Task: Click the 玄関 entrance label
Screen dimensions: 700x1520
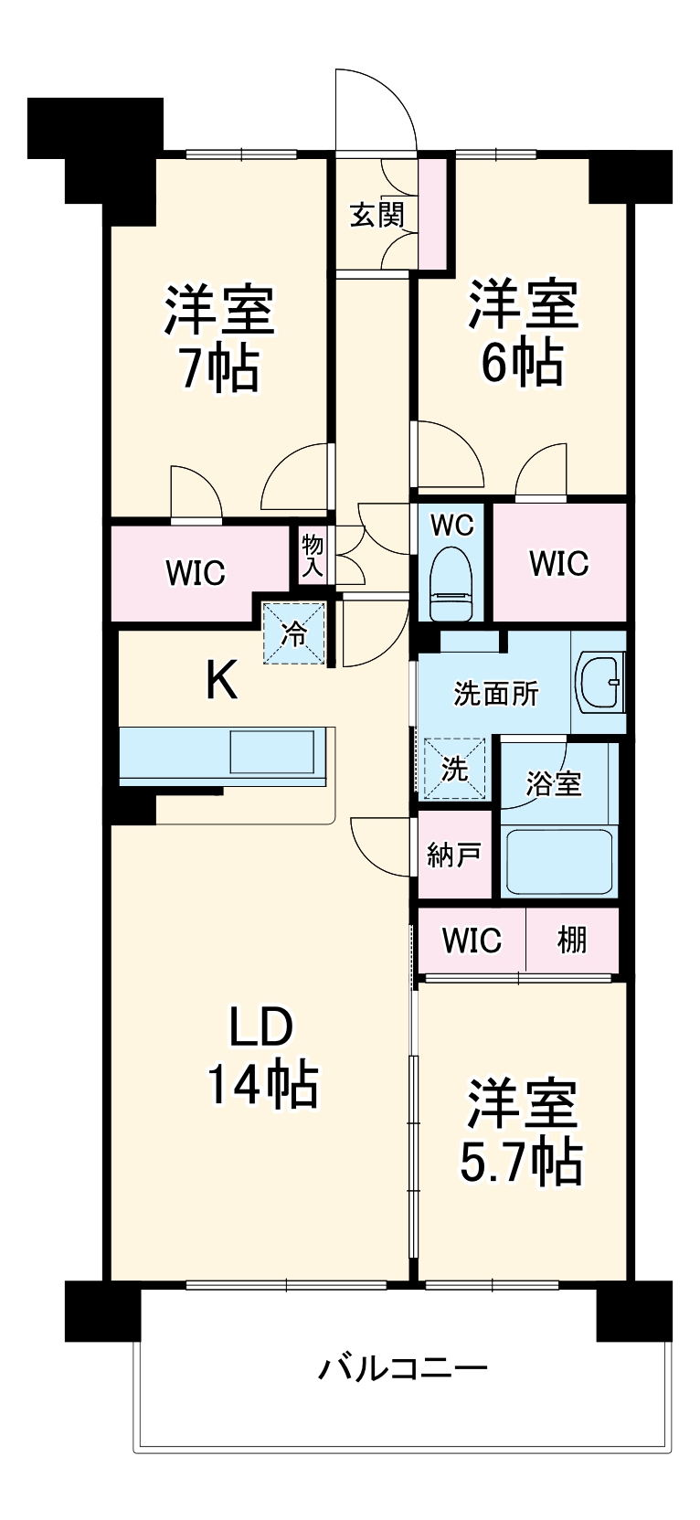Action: point(377,215)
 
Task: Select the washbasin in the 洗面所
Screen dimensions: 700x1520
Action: point(599,683)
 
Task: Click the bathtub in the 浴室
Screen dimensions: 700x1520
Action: point(559,861)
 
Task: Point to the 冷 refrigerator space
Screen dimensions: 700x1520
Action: point(294,633)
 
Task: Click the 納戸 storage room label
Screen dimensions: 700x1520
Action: point(454,855)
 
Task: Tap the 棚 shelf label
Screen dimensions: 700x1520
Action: point(572,941)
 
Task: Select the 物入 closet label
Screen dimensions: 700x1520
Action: point(313,556)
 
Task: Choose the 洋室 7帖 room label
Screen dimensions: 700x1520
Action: point(218,340)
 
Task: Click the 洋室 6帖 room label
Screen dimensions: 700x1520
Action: point(523,333)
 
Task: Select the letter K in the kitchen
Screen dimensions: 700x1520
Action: point(222,681)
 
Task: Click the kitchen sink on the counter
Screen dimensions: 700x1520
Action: point(272,751)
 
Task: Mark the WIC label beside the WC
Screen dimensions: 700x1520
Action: point(559,563)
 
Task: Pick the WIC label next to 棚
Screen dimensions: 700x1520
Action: point(472,941)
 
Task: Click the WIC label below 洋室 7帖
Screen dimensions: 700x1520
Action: point(196,573)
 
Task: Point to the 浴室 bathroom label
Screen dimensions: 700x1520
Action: point(554,783)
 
